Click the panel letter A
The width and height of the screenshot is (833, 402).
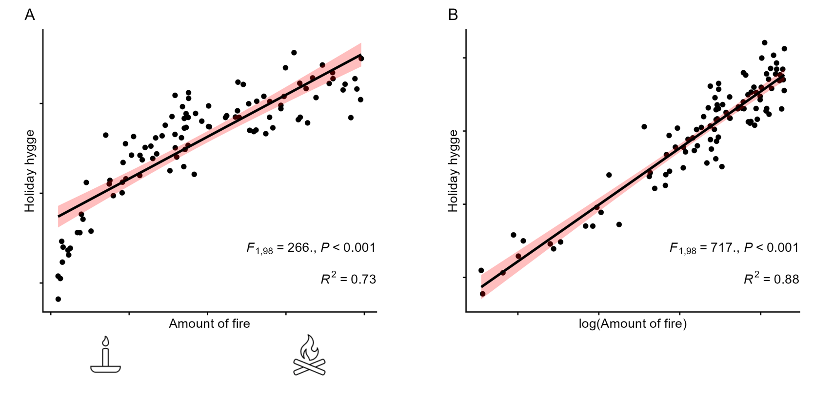point(30,16)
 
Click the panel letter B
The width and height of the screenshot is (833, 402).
point(453,16)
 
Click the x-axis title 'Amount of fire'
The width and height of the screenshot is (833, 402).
point(209,324)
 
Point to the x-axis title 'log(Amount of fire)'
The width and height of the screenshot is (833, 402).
point(633,324)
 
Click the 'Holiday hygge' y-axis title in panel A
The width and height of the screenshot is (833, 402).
point(30,171)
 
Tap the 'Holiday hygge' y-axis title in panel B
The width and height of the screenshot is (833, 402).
point(453,171)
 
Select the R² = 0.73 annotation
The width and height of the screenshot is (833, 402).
point(348,279)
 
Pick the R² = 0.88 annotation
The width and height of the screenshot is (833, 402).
point(771,279)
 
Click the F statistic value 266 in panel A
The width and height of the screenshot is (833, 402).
point(298,248)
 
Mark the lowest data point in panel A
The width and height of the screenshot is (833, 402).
point(58,299)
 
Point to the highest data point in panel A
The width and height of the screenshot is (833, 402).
point(294,53)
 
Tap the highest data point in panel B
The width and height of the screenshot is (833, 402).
point(764,43)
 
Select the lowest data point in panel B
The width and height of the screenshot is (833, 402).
point(483,294)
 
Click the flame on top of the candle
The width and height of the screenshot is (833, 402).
point(105,341)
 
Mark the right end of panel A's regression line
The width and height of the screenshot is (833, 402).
point(361,55)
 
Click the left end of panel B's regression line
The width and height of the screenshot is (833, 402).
point(482,287)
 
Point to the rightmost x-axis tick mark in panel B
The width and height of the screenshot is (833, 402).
point(761,315)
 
